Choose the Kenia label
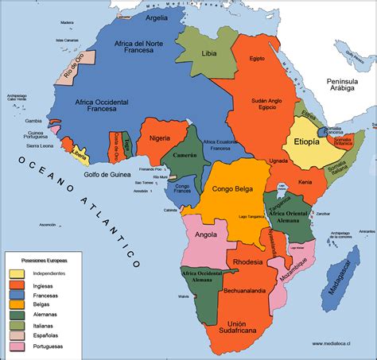pos(305,182)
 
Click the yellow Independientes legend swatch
pos(17,273)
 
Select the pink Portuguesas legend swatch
pos(17,346)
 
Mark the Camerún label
pos(185,157)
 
